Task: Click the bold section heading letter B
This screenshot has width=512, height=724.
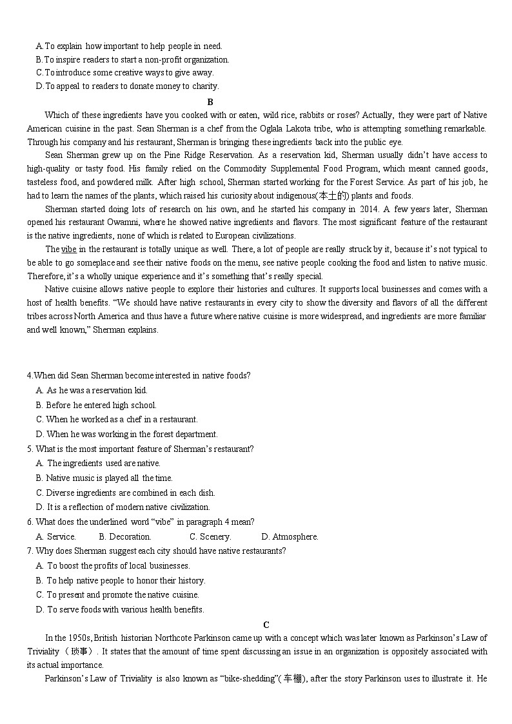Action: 210,102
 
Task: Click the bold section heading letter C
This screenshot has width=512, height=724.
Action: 266,625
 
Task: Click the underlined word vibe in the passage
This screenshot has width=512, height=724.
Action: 69,249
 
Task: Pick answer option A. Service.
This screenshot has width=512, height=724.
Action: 56,536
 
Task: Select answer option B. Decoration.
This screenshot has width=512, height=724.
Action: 125,536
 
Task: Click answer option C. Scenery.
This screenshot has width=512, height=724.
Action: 210,536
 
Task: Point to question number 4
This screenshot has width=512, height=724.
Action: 29,376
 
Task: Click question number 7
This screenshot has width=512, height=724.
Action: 29,551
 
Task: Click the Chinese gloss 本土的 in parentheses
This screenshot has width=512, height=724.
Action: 333,196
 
